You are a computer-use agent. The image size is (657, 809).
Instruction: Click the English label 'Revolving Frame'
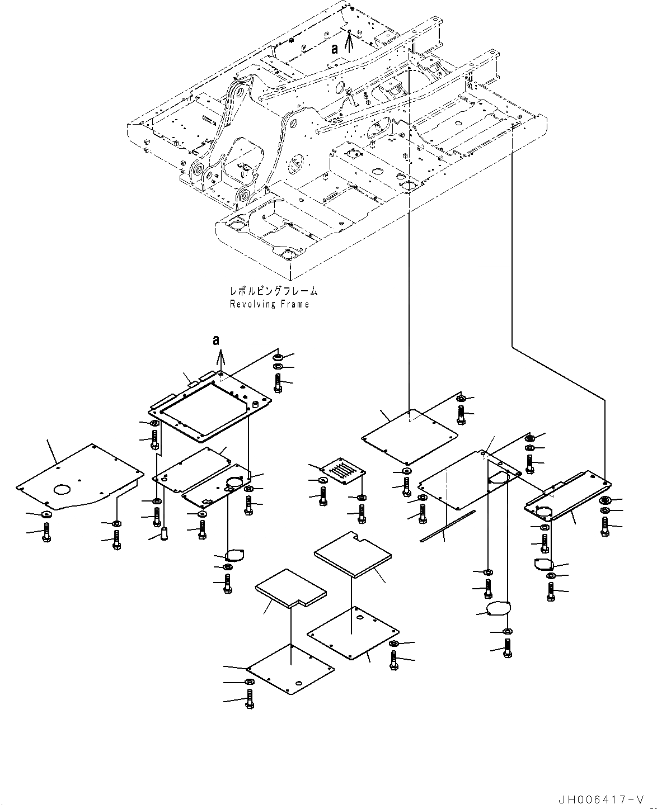pos(269,304)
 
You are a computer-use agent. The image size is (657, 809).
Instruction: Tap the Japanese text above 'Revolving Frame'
pos(273,291)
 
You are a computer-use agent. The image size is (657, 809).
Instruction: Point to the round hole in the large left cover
pos(63,490)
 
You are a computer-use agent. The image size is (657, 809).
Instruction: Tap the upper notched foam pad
pos(353,553)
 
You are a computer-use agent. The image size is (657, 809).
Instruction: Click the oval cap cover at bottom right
pos(498,608)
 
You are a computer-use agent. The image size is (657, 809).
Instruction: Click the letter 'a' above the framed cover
pos(216,339)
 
